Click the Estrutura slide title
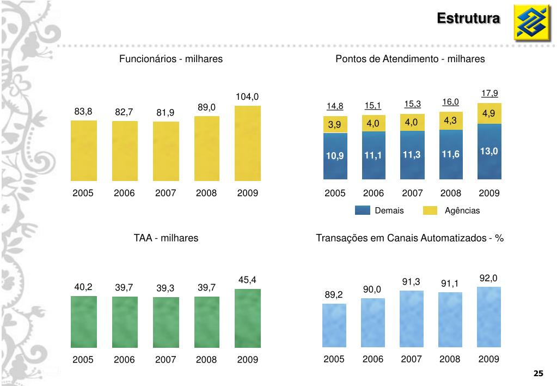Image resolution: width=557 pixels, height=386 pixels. tap(468, 19)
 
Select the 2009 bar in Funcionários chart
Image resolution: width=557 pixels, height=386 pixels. tap(247, 143)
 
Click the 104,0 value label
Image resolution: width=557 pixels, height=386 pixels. tap(247, 97)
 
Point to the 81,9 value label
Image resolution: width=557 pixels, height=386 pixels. tap(166, 113)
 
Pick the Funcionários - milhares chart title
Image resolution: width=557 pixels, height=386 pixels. tap(171, 59)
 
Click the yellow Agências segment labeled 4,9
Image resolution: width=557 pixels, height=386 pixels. tap(489, 113)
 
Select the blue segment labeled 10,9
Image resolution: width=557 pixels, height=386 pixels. tap(335, 156)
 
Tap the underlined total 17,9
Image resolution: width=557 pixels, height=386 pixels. tap(489, 93)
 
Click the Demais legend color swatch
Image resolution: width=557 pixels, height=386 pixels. tap(362, 211)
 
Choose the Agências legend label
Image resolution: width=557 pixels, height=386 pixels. tap(462, 211)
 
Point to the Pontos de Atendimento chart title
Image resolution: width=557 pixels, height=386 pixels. tap(410, 59)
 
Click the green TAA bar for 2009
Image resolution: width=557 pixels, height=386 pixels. tap(247, 318)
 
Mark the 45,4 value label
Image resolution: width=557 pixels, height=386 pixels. tap(247, 280)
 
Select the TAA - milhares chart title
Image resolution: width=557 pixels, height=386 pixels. tap(166, 238)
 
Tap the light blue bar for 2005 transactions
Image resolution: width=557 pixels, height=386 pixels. tap(334, 325)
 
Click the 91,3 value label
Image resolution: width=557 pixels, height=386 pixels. tap(411, 282)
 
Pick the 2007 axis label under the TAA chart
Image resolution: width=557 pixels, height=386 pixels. tap(166, 360)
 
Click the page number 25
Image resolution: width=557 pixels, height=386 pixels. tap(538, 373)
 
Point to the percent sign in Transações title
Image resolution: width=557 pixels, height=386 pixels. tap(499, 238)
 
